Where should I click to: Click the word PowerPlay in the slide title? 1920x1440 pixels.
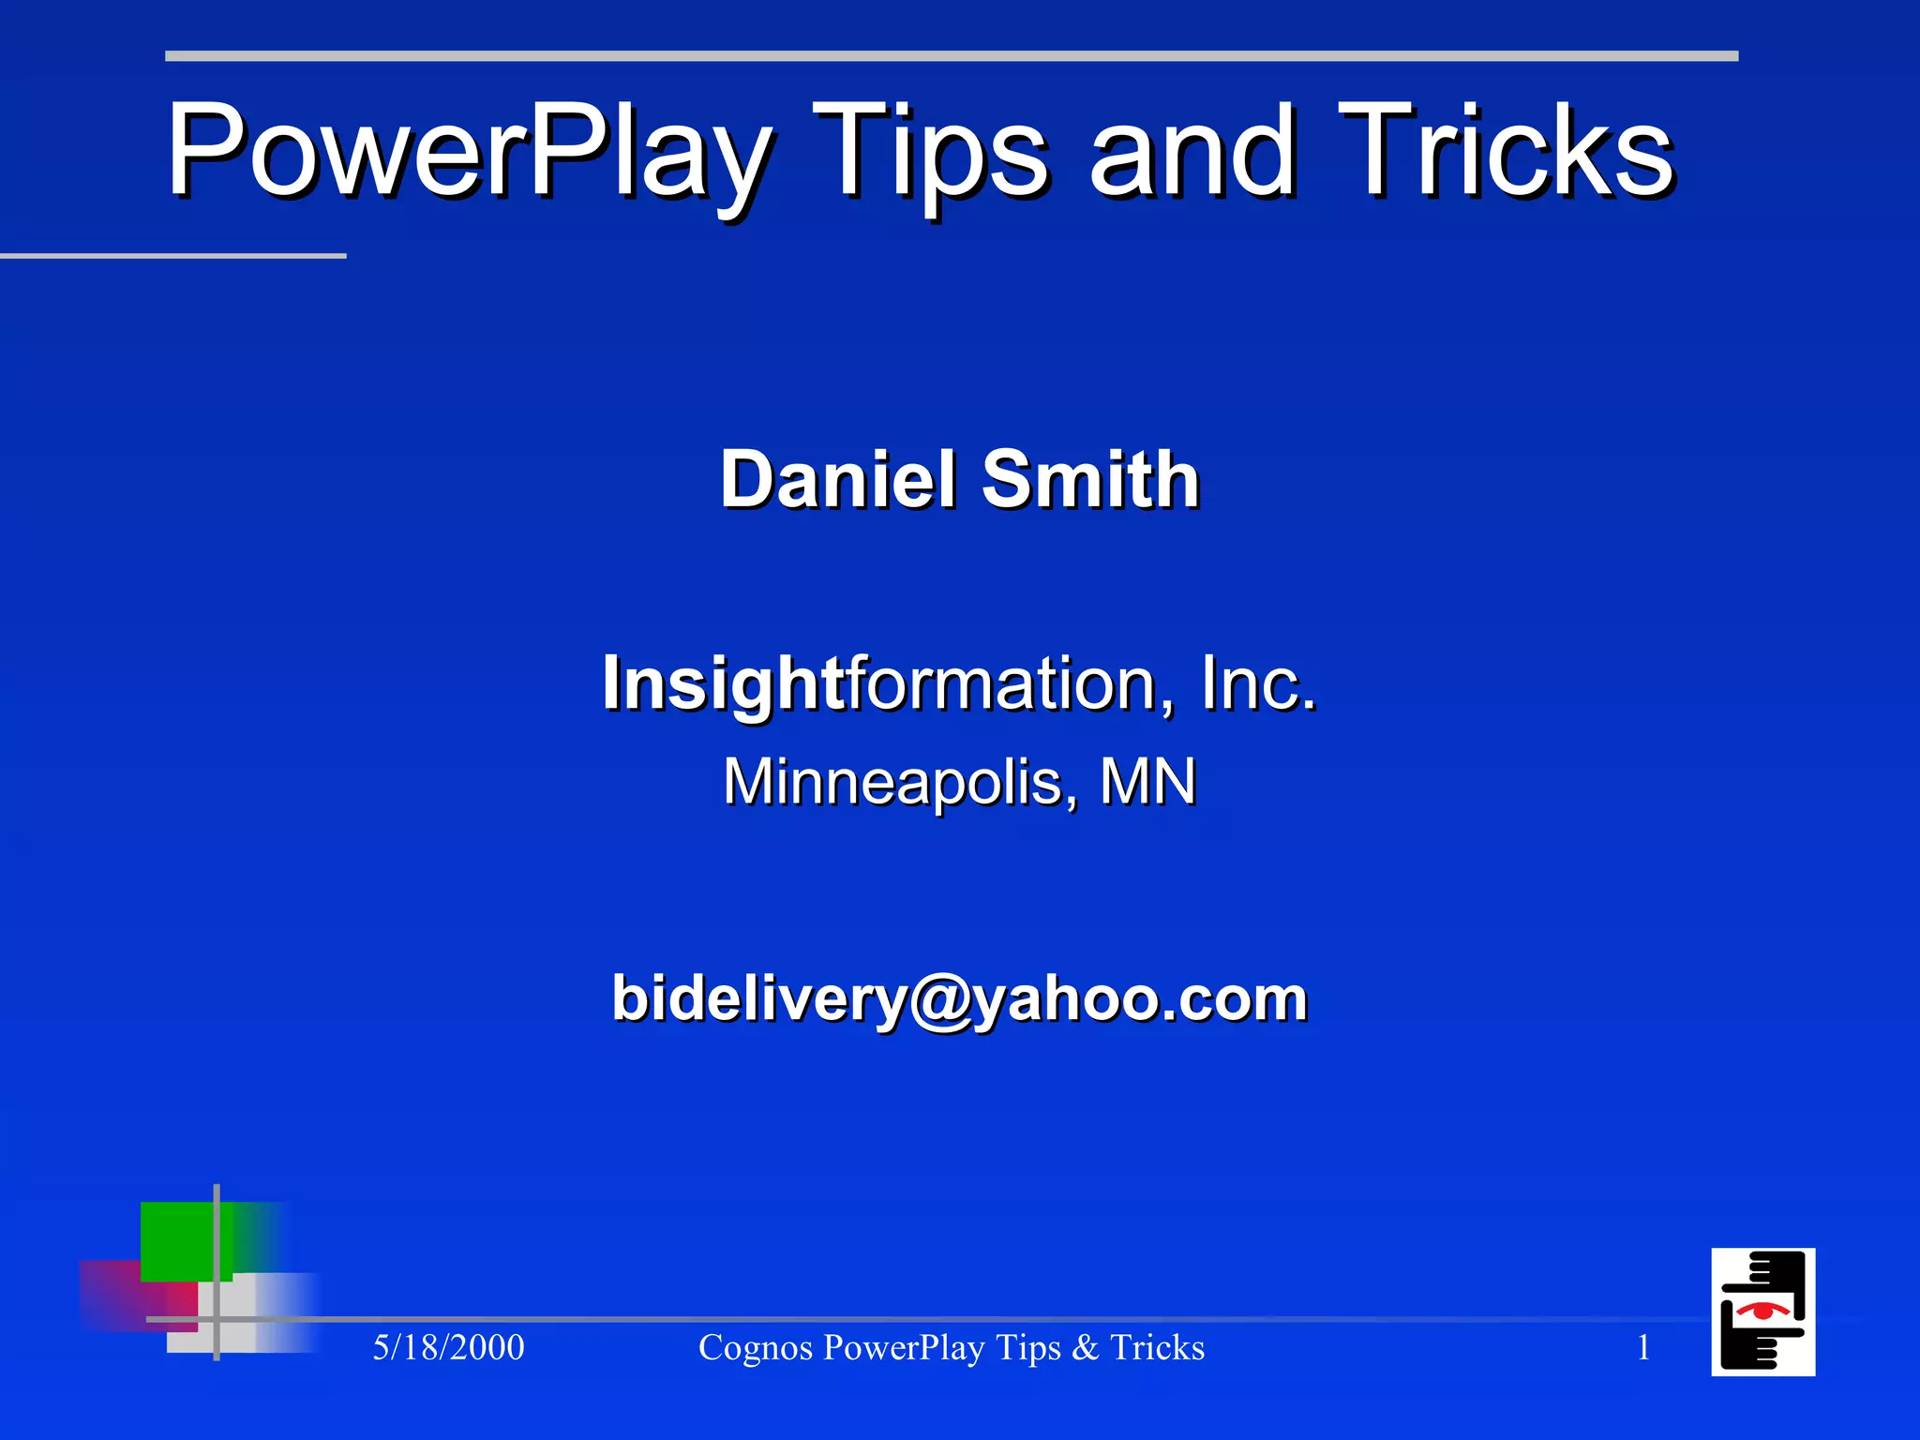tap(469, 152)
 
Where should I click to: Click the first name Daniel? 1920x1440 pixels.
tap(837, 479)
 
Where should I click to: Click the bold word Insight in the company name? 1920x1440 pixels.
tap(724, 684)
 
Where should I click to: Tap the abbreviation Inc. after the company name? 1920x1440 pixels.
tap(1258, 684)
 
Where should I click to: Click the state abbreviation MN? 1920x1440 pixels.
tap(1147, 782)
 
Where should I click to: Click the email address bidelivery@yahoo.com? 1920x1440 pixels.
tap(959, 998)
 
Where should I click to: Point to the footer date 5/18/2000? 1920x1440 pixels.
tap(448, 1348)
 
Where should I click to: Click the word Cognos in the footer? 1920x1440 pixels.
tap(755, 1348)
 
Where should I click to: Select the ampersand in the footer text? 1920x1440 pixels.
tap(1085, 1348)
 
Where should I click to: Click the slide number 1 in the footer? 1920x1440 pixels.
tap(1643, 1348)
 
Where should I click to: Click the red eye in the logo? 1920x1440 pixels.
tap(1762, 1310)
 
